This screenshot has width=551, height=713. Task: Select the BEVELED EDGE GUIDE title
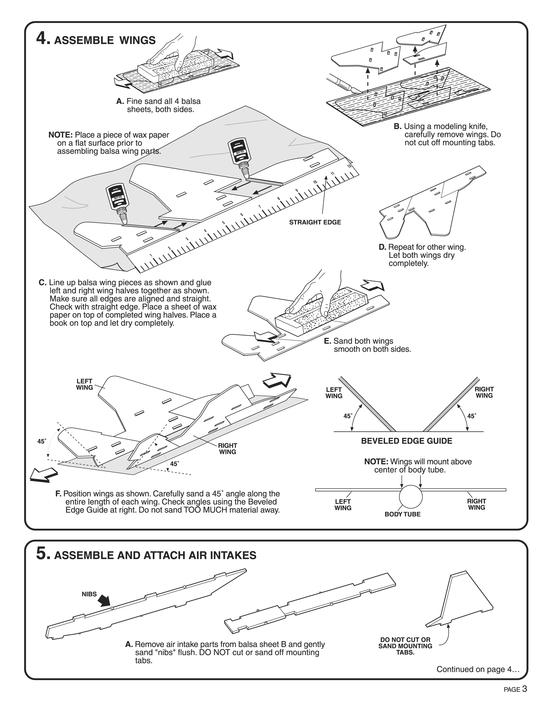406,441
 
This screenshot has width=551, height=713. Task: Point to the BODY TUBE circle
411,497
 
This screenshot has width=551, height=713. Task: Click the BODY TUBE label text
403,514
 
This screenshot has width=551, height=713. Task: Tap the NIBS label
89,594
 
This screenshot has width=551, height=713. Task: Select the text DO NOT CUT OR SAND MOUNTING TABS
405,646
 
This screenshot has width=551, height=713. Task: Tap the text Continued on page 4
478,669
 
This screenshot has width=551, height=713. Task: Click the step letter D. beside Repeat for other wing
382,247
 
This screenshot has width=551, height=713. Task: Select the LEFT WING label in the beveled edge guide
334,393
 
